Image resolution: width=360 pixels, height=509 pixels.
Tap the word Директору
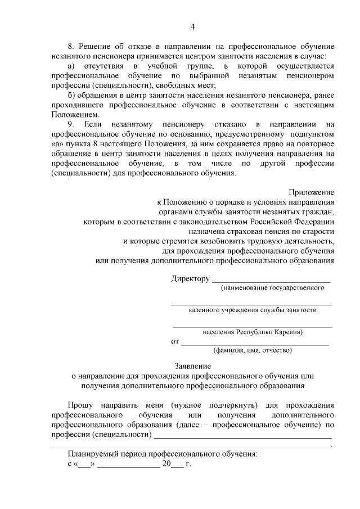(x=190, y=279)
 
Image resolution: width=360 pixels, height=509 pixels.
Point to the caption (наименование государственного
(x=272, y=288)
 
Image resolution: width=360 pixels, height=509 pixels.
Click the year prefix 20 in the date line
(x=166, y=465)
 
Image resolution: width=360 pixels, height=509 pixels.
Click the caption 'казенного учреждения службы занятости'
(x=253, y=310)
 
